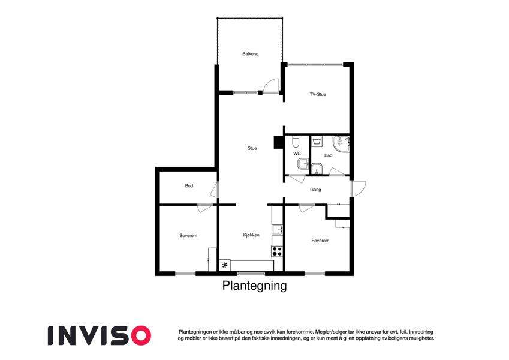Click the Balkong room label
[x=250, y=54]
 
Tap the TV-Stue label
[x=318, y=95]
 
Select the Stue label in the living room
[x=252, y=148]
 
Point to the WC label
[x=297, y=154]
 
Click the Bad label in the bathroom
[x=328, y=155]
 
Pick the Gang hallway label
[x=315, y=190]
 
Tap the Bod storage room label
[x=189, y=186]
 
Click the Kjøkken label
[x=251, y=235]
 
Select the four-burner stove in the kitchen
[x=277, y=251]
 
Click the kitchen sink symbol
[x=278, y=229]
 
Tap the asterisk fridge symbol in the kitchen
[x=225, y=265]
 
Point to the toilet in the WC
[x=296, y=142]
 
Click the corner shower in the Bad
[x=341, y=144]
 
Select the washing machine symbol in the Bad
[x=317, y=141]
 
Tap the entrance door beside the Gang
[x=359, y=188]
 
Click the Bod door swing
[x=214, y=190]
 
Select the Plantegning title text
[x=254, y=286]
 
